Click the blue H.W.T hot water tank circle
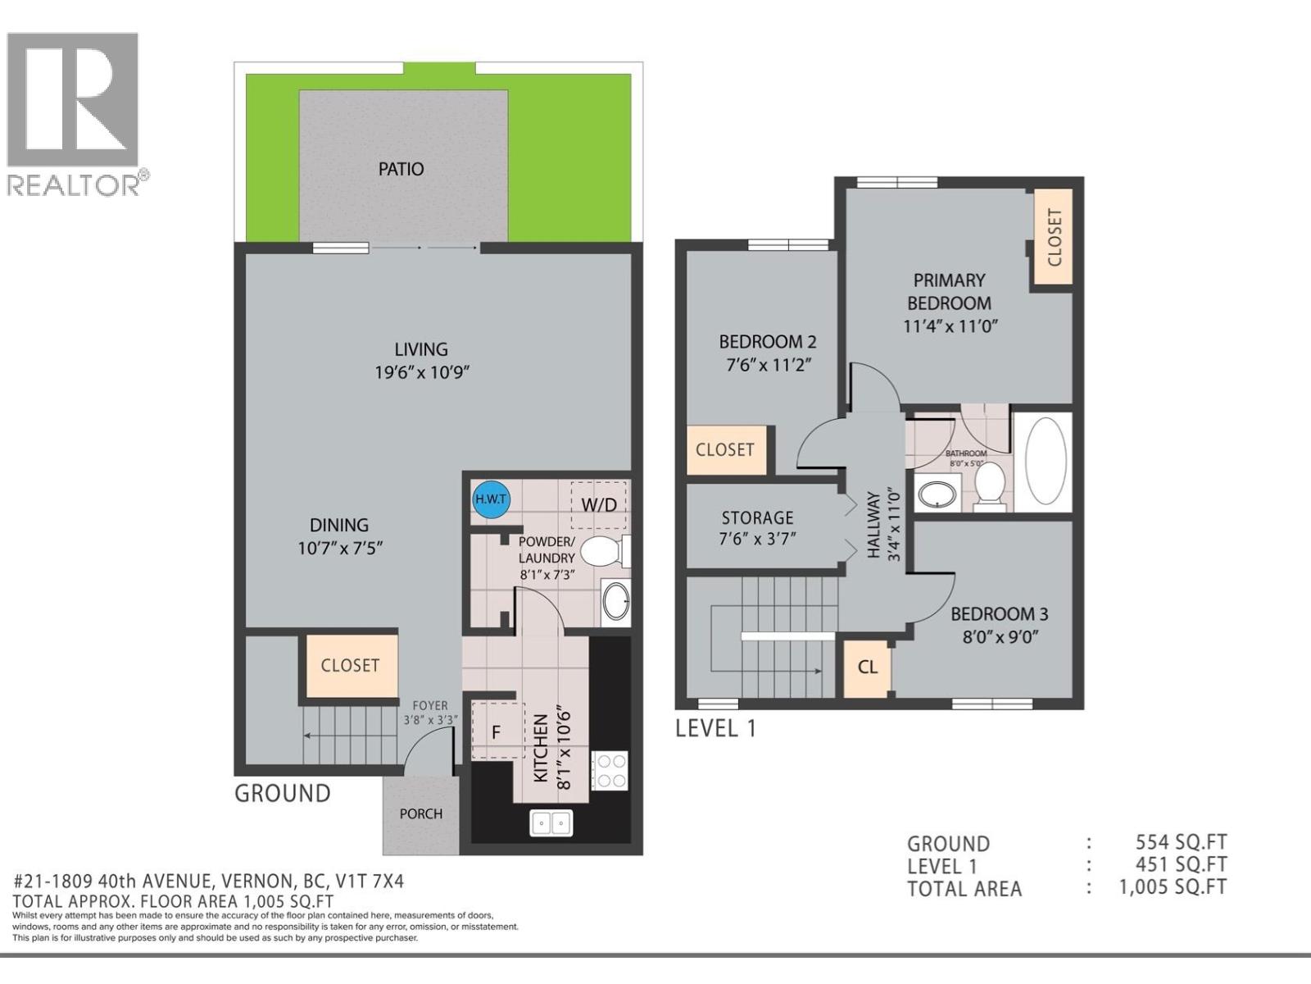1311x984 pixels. tap(492, 499)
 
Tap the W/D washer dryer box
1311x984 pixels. tap(599, 503)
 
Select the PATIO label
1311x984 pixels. tap(401, 169)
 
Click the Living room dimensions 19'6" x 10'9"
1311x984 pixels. tap(421, 372)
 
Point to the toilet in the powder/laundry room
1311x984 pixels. tap(605, 552)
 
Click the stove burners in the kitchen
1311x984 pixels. tap(610, 771)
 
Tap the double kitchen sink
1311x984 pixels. tap(551, 822)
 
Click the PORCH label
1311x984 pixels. tap(420, 813)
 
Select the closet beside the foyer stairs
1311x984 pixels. tap(350, 665)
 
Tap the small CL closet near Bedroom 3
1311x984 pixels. tap(868, 667)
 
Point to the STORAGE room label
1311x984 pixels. tap(757, 518)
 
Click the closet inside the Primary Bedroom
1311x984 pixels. tap(1054, 238)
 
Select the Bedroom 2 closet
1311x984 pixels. tap(724, 449)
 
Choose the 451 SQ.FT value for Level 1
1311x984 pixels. tap(1181, 865)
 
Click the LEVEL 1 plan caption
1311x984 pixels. tap(715, 727)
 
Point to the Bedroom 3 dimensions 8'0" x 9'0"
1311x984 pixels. tap(999, 636)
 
